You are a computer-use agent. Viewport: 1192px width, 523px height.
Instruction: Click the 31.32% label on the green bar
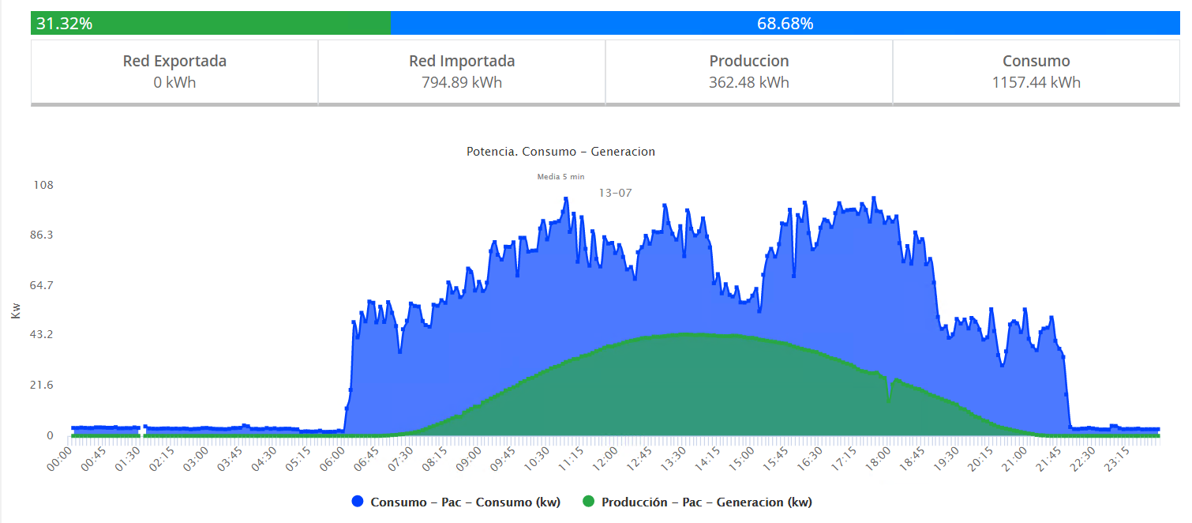(64, 24)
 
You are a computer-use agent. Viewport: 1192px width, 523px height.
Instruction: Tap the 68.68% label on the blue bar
(785, 24)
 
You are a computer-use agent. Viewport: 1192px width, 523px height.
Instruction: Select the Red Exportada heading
(174, 61)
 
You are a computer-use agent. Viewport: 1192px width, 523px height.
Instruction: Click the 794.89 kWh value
(462, 82)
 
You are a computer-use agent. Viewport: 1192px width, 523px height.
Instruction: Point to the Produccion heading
(748, 61)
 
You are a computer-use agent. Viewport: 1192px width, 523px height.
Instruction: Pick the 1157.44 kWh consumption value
(1036, 82)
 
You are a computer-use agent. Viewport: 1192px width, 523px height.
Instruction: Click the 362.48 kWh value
(748, 82)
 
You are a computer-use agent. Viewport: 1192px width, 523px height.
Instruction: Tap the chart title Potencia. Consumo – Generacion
(560, 152)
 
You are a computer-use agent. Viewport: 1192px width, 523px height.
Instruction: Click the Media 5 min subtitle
(560, 177)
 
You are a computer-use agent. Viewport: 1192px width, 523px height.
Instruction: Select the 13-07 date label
(615, 193)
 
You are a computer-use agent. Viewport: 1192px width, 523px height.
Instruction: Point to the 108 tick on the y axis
(43, 185)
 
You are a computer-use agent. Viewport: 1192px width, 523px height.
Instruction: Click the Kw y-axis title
(16, 310)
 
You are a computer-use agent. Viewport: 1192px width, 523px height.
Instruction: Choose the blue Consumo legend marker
(357, 502)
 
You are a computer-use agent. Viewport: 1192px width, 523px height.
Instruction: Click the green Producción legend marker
(588, 502)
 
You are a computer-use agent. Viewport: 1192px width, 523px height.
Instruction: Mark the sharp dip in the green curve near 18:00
(889, 400)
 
